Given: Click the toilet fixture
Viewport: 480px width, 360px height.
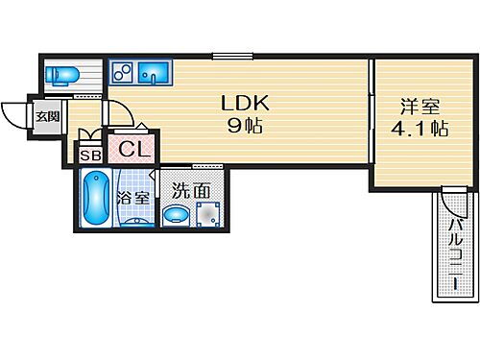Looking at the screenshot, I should (x=64, y=76).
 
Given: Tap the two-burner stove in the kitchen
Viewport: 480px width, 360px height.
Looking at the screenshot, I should (x=123, y=72).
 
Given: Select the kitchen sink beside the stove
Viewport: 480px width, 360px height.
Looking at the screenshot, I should (x=153, y=71).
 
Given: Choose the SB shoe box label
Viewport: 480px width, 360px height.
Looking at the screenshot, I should (x=90, y=155).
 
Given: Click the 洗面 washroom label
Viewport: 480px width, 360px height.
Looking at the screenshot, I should (x=191, y=190).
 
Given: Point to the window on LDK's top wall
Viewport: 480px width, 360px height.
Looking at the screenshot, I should (x=226, y=55).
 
